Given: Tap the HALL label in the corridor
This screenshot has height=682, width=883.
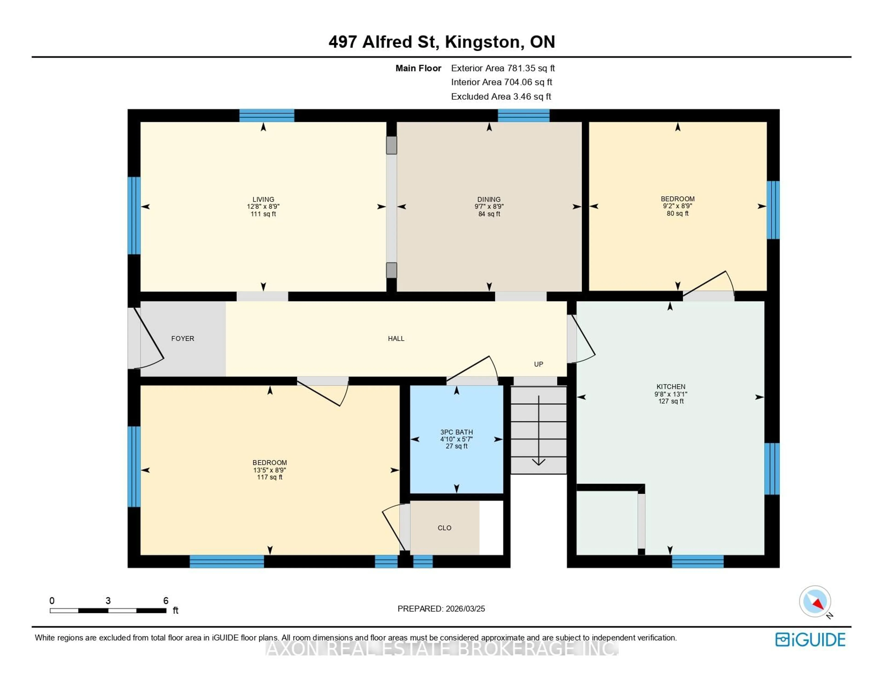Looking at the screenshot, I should [x=396, y=338].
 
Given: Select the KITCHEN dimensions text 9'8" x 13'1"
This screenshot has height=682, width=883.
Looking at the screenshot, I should [x=671, y=394].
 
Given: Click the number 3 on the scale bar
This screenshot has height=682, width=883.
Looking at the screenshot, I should [x=108, y=601].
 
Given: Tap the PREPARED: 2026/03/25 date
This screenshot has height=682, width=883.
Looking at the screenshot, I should [x=441, y=608].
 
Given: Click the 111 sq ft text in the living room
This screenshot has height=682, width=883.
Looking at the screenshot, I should [x=263, y=214].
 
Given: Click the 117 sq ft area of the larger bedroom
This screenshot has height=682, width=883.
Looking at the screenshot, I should [x=270, y=477].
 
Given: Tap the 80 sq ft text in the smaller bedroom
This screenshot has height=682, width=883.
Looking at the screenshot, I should [x=678, y=213].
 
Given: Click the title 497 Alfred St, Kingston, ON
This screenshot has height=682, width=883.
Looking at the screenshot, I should [x=441, y=42].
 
